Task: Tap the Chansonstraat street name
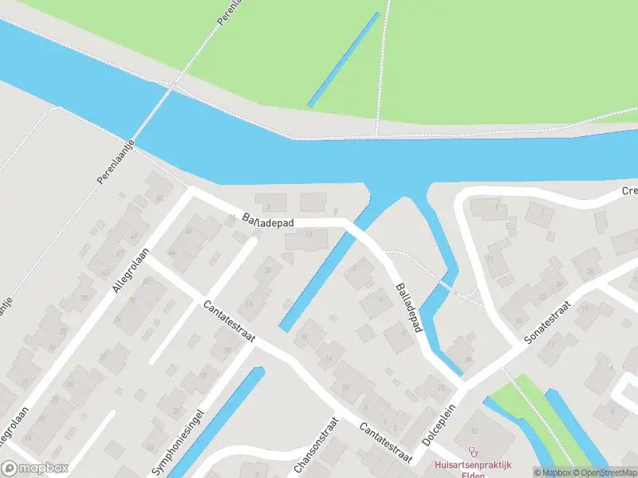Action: (x=314, y=446)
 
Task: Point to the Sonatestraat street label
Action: (x=549, y=323)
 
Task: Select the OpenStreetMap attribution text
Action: (x=604, y=473)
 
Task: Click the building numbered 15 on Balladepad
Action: (x=309, y=237)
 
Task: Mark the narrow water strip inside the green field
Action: (x=343, y=60)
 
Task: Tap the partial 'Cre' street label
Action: (x=629, y=192)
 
